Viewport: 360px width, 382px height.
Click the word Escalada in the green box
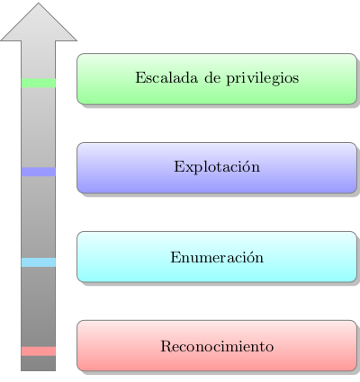(x=166, y=77)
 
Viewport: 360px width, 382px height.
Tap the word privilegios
(x=263, y=78)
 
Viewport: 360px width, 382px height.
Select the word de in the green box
(x=212, y=77)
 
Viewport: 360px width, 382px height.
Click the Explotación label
(x=217, y=166)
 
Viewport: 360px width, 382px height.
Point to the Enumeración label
(x=217, y=257)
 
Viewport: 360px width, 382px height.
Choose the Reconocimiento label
(x=217, y=346)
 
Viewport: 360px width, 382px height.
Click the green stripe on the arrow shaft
(x=39, y=83)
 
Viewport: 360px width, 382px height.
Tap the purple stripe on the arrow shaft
(x=39, y=172)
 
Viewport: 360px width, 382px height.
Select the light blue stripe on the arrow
(x=39, y=262)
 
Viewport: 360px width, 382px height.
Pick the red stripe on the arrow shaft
(x=39, y=351)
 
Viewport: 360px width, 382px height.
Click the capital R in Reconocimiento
(x=166, y=346)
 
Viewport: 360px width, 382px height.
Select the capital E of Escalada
(x=140, y=77)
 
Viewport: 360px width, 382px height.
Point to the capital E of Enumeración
(x=175, y=257)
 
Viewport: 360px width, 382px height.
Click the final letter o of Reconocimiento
(x=270, y=348)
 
